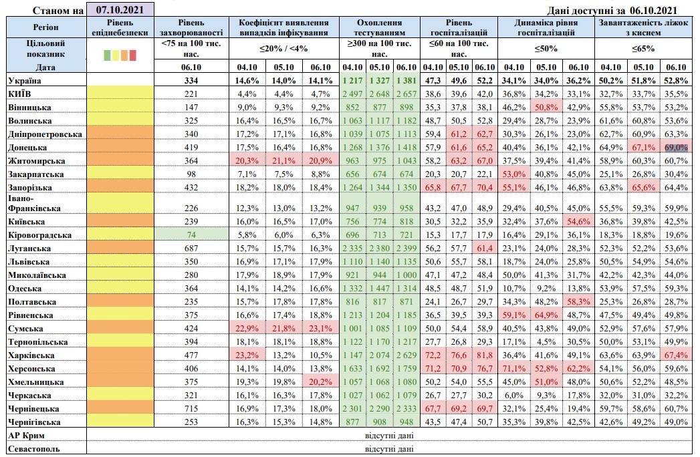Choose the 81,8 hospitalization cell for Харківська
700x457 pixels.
click(x=483, y=355)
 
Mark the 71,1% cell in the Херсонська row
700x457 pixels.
click(x=513, y=368)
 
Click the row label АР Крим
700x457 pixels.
click(x=27, y=435)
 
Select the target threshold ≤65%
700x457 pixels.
click(x=645, y=48)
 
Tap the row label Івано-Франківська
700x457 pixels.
click(x=37, y=203)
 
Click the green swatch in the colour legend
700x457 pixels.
click(x=107, y=55)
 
